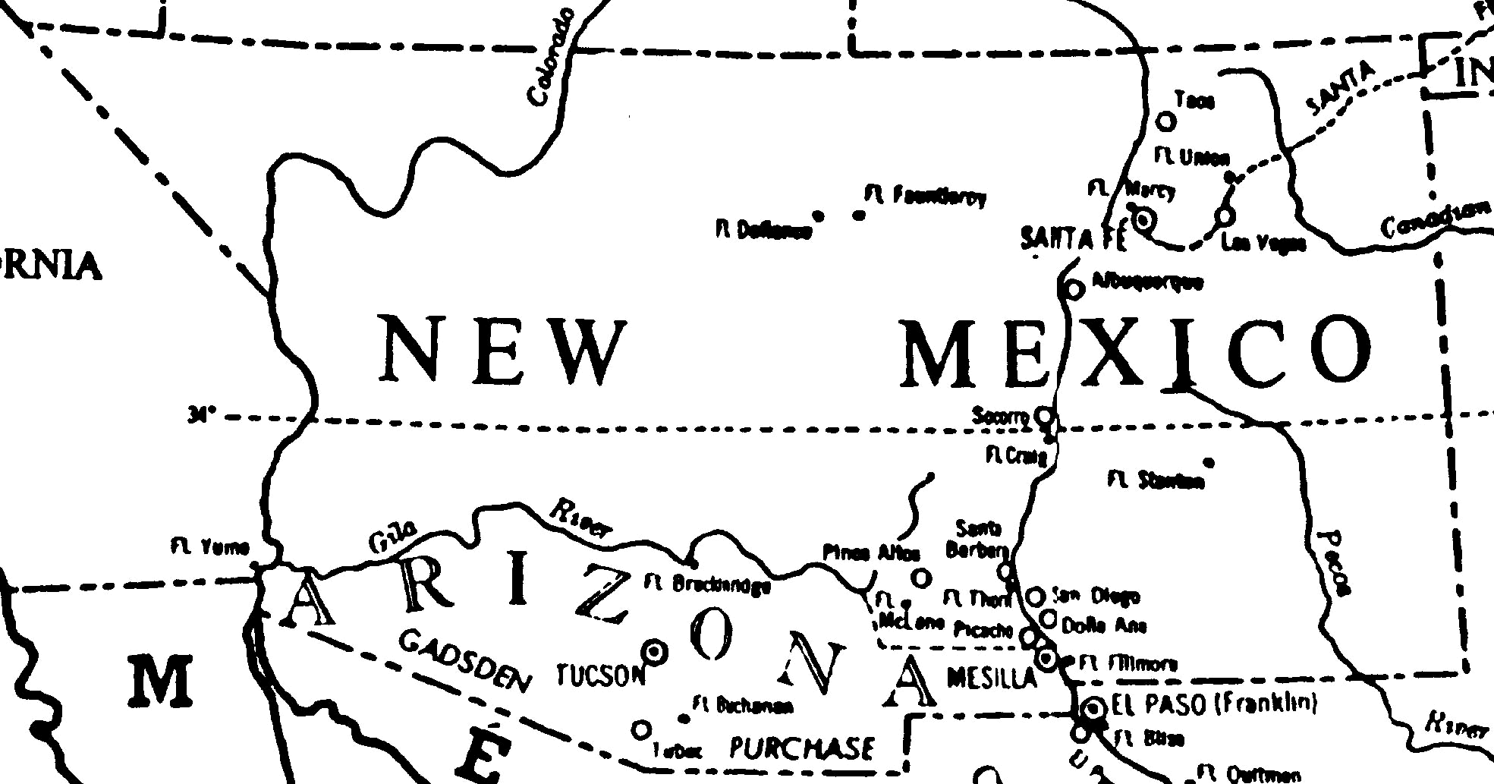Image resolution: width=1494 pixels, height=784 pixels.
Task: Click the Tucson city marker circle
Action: [x=654, y=650]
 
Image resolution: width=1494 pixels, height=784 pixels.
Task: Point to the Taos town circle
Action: [x=1166, y=121]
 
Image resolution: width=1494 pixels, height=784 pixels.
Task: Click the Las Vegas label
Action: [x=1263, y=244]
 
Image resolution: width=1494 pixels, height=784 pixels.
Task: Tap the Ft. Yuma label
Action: [x=210, y=547]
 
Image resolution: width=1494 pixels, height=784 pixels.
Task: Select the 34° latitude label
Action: [x=202, y=415]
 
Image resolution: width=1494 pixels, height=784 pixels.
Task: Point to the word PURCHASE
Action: [x=801, y=748]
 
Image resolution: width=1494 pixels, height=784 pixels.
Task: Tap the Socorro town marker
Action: [x=1045, y=415]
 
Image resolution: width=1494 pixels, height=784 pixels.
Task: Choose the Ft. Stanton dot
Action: [x=1209, y=463]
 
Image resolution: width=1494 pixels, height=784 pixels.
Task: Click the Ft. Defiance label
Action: [x=763, y=230]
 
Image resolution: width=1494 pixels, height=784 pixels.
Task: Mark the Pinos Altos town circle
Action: [x=920, y=578]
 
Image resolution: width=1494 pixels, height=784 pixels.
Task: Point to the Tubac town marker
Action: [x=641, y=730]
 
